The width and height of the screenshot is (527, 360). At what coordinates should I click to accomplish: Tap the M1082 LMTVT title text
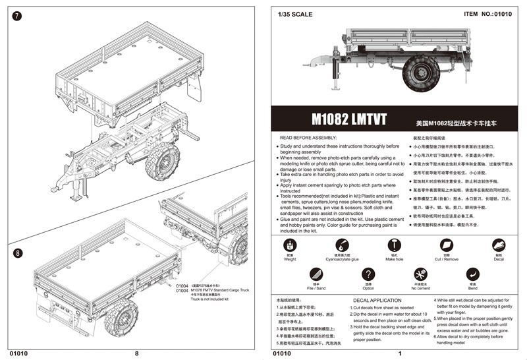(349, 122)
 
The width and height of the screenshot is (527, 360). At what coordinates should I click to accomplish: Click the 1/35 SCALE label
(296, 14)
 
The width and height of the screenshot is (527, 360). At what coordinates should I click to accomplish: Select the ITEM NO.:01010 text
(488, 13)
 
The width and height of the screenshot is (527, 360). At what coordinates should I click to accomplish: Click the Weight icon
(291, 245)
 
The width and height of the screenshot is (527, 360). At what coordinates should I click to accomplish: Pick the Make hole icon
(395, 245)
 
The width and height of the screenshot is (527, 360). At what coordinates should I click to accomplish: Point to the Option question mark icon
(368, 274)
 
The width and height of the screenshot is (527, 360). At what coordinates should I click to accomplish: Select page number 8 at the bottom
(136, 353)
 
